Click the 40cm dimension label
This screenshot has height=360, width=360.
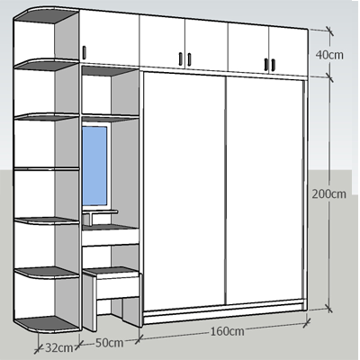click(329, 55)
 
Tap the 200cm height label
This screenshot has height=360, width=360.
click(328, 193)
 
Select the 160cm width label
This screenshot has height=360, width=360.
click(227, 331)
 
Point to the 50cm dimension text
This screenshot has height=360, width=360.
click(109, 343)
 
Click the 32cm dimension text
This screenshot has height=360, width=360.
click(59, 348)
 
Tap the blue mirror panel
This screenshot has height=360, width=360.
click(94, 166)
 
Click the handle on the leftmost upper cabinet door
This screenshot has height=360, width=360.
click(84, 52)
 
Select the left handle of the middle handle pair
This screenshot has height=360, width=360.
click(181, 58)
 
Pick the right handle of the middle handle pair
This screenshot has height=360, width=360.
click(189, 59)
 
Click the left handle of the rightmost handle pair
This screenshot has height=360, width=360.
click(266, 65)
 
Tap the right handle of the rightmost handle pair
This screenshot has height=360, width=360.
click(274, 65)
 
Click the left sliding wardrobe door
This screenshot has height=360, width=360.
click(184, 190)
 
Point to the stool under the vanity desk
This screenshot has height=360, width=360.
click(111, 297)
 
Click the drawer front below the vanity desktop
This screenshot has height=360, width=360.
click(111, 238)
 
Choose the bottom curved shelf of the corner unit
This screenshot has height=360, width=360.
click(47, 325)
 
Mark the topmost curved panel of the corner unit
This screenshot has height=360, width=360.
click(47, 14)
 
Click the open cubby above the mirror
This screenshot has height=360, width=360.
click(110, 92)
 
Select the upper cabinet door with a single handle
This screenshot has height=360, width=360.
click(109, 38)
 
